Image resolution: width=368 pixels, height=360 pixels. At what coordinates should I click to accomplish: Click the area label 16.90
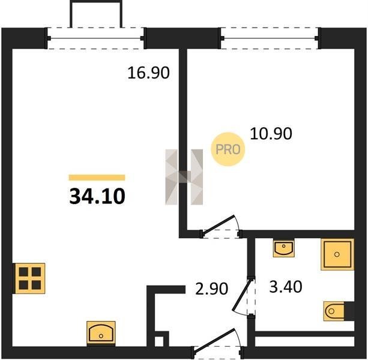148,73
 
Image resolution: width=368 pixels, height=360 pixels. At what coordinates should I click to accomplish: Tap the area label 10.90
271,134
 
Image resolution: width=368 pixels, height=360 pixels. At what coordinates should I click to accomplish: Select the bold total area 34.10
97,196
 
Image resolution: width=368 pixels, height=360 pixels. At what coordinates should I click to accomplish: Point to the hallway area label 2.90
212,288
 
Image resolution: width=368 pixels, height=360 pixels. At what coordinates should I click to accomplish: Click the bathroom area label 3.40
286,287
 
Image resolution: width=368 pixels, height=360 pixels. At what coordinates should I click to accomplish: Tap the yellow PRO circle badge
228,149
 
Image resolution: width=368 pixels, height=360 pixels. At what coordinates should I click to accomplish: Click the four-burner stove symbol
30,278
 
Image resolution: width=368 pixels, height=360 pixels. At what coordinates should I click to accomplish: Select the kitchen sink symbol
101,334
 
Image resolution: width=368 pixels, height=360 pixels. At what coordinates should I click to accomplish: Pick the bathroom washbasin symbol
284,248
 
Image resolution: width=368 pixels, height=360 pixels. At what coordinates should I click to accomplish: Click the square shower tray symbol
337,254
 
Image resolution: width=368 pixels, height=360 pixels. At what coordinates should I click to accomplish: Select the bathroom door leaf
242,294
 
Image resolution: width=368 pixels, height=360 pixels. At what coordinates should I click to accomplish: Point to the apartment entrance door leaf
214,340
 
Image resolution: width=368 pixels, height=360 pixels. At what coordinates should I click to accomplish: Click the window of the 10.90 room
270,38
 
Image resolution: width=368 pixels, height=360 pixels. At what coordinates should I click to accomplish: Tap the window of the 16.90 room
96,38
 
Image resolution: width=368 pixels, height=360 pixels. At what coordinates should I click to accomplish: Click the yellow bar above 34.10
97,178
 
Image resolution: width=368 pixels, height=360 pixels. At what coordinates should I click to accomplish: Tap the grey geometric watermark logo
184,177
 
